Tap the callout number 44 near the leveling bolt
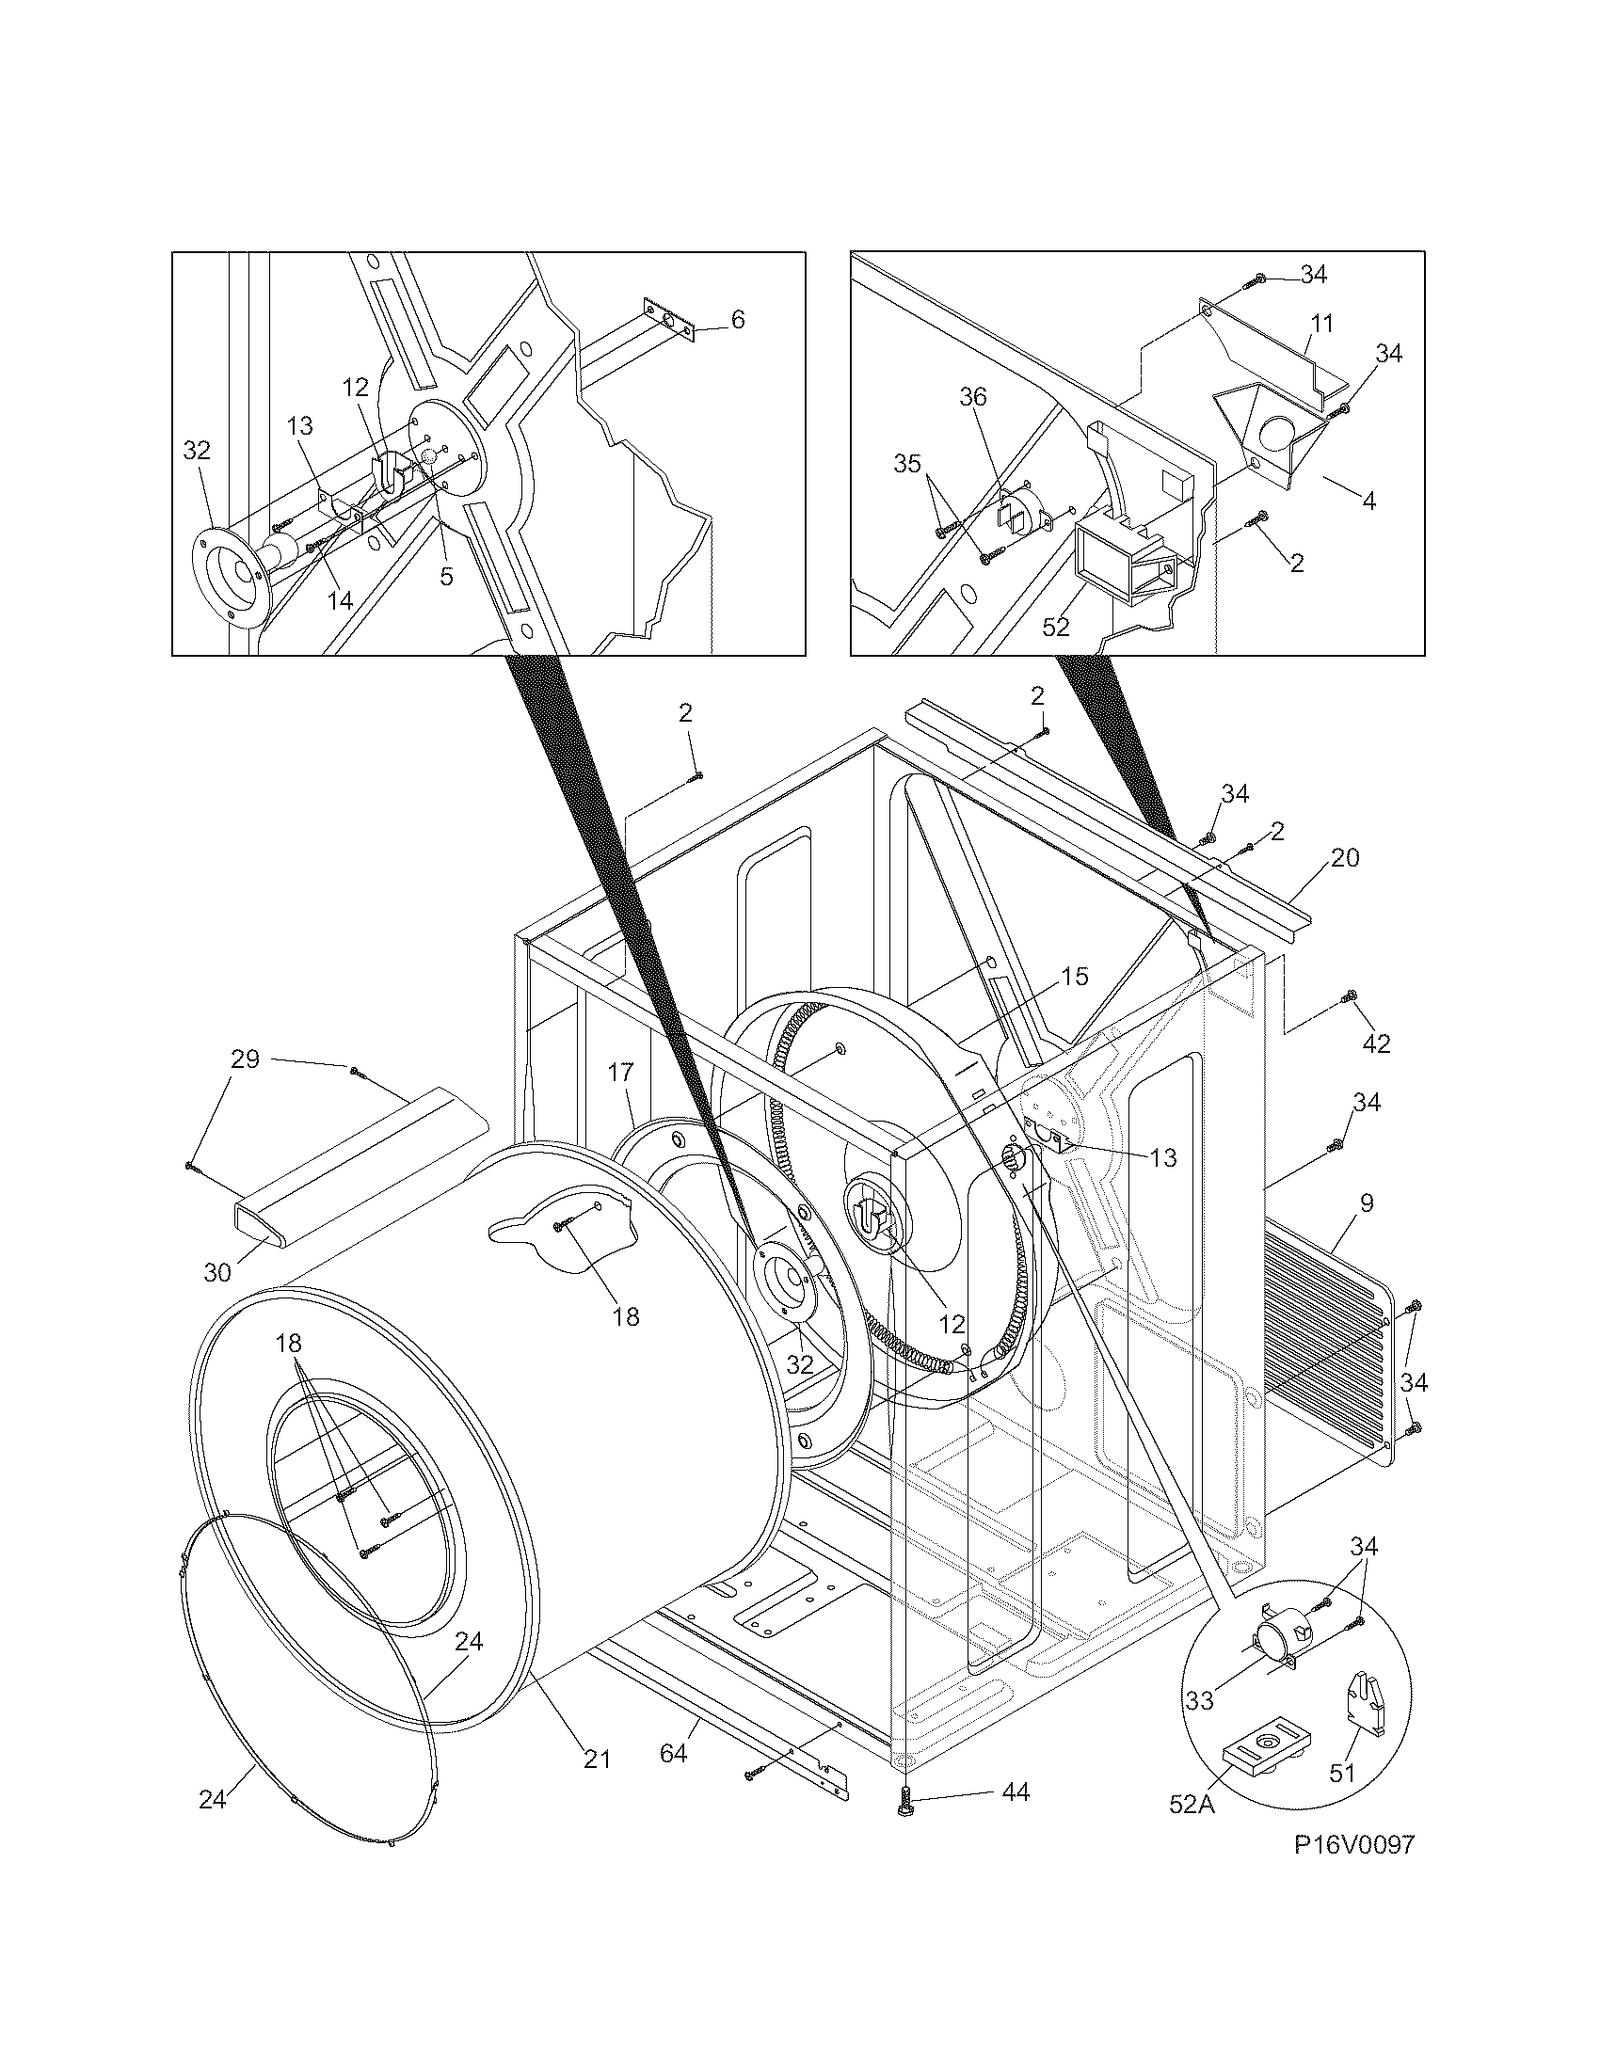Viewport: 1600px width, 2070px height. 1015,1792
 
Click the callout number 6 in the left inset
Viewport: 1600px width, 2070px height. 738,319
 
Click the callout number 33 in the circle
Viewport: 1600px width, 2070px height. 1199,1701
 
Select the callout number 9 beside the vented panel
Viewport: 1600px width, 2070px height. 1366,1204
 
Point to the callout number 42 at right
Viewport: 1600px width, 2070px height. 1376,1044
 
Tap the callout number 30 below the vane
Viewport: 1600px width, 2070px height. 217,1273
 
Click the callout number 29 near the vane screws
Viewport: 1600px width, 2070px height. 246,1059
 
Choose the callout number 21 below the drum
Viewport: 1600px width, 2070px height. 596,1759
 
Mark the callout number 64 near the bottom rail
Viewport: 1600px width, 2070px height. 673,1754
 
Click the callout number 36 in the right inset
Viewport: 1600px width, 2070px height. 973,397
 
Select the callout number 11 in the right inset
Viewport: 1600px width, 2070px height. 1321,325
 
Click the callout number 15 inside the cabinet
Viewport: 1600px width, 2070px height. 1075,977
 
